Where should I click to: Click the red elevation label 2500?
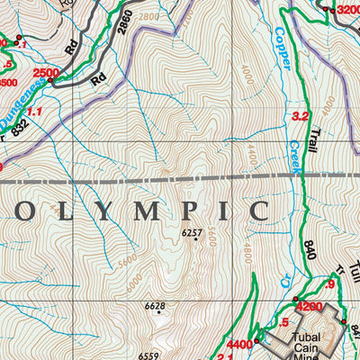coord(45,72)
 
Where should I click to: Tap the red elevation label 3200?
coord(346,10)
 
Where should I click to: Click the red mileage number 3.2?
coord(301,116)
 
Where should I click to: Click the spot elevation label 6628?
coord(155,307)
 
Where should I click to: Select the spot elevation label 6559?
coord(149,355)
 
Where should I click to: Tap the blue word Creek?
coord(293,154)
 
